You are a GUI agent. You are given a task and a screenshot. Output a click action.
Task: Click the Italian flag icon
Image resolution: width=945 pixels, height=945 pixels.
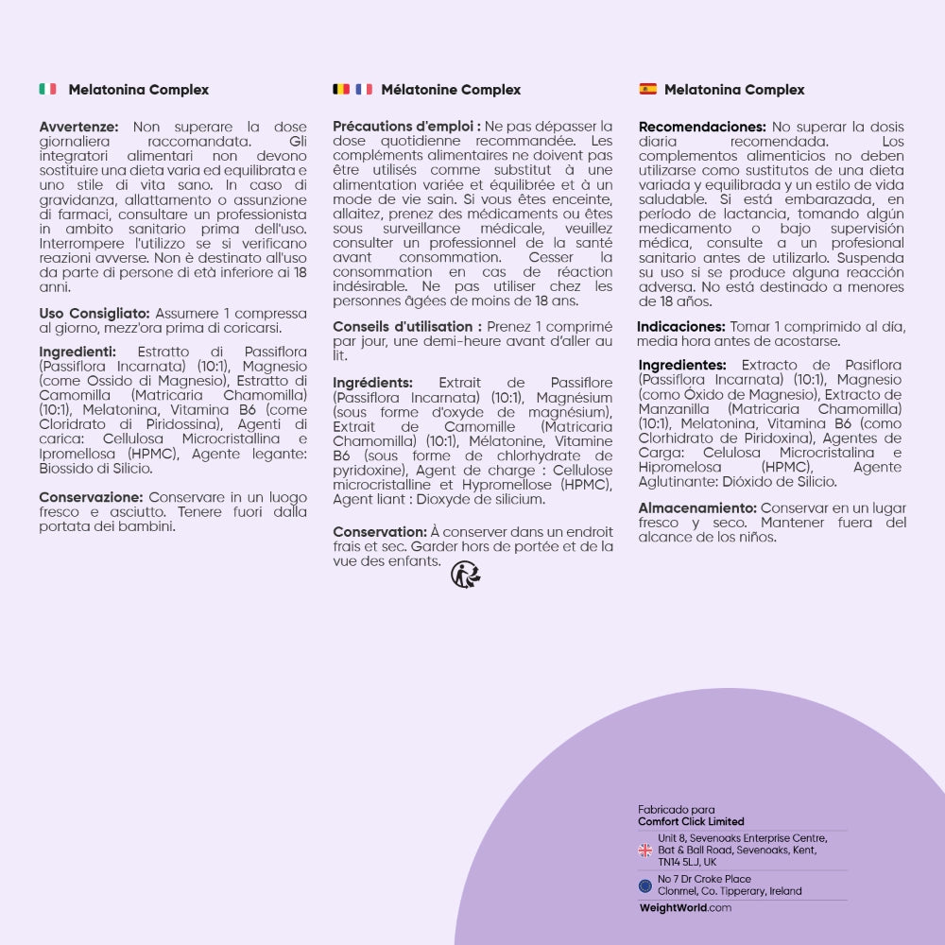pos(47,89)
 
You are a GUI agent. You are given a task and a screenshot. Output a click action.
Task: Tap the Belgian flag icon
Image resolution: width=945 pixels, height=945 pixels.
pos(341,89)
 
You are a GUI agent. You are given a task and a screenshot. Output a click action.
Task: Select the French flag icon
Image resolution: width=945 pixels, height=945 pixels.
pos(364,89)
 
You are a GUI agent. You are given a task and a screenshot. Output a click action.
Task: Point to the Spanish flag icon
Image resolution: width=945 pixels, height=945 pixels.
pos(647,89)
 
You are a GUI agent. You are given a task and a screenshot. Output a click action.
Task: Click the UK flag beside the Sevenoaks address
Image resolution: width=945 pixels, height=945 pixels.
pos(645,850)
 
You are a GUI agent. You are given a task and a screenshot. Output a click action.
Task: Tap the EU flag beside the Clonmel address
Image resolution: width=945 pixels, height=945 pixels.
pos(645,885)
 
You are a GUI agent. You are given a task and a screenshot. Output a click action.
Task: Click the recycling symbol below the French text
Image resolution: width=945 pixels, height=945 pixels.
pos(465,574)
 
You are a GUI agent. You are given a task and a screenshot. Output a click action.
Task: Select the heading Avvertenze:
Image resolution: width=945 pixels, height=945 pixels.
pos(79,127)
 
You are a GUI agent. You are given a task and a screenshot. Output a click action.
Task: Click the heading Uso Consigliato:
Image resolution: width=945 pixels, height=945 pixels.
pos(94,314)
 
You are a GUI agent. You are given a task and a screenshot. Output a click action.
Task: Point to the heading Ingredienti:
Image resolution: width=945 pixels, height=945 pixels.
pos(77,352)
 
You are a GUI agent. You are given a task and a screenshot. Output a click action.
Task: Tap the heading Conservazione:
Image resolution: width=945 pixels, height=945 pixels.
pos(91,497)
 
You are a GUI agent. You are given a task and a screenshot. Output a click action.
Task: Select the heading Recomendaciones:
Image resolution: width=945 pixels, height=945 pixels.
pos(702,127)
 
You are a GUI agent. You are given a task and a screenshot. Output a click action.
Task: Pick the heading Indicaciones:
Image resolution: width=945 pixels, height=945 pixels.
pos(681,327)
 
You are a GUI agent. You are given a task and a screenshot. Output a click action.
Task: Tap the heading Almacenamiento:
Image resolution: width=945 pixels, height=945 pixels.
pos(697,508)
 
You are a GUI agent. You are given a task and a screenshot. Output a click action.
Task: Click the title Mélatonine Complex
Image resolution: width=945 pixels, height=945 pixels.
pos(451,90)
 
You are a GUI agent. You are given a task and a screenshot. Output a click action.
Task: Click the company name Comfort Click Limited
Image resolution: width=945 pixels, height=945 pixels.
pos(691,821)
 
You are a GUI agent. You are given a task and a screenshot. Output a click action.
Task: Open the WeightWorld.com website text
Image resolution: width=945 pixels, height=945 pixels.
pos(685,908)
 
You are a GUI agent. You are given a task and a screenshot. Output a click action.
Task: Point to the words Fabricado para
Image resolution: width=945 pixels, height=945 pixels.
pos(676,810)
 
